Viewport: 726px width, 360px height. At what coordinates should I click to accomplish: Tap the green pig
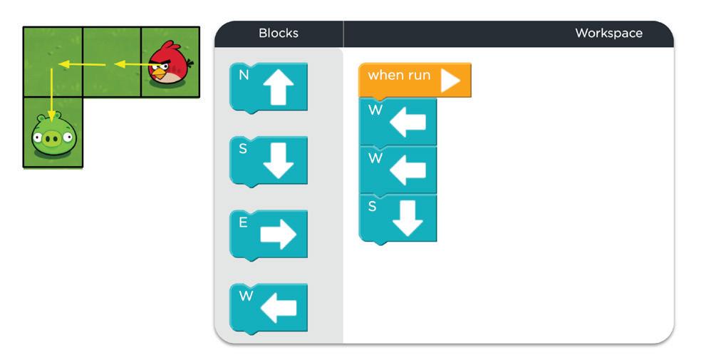tap(52, 135)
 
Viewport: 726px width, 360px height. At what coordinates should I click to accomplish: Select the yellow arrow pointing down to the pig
tap(51, 93)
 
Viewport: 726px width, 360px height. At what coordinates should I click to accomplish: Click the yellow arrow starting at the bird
tap(131, 65)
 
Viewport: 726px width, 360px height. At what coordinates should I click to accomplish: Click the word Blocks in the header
tap(278, 34)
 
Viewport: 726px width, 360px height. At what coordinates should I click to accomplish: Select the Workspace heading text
tap(608, 34)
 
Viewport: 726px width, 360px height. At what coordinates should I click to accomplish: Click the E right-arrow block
tap(269, 235)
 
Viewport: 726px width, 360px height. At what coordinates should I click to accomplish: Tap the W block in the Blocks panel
tap(269, 308)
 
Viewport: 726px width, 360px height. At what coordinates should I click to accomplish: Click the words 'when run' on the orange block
tap(399, 76)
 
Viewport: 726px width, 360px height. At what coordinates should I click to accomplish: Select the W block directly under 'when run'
tap(398, 122)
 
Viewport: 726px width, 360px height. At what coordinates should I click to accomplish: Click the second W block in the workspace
tap(398, 170)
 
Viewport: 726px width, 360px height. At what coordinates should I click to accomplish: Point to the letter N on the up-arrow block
tap(244, 74)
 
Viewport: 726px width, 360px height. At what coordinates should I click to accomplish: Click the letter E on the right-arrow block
tap(243, 222)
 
